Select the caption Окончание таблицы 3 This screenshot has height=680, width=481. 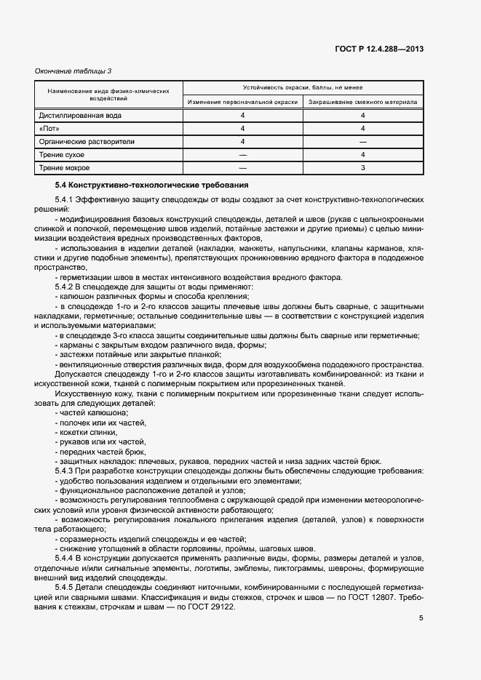[x=73, y=71]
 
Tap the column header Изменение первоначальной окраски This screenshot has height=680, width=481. [x=242, y=102]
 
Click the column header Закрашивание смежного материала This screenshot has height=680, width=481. [x=362, y=102]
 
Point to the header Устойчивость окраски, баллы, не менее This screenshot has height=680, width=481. [x=303, y=87]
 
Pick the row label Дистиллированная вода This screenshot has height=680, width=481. [x=81, y=115]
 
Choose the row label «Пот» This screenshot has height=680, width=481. [x=49, y=128]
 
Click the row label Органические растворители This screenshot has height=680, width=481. [x=87, y=141]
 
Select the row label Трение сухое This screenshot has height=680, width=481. [x=62, y=154]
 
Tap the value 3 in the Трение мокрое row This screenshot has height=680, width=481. [x=362, y=167]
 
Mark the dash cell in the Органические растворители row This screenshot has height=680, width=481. [x=362, y=141]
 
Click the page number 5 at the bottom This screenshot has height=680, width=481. [x=421, y=618]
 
